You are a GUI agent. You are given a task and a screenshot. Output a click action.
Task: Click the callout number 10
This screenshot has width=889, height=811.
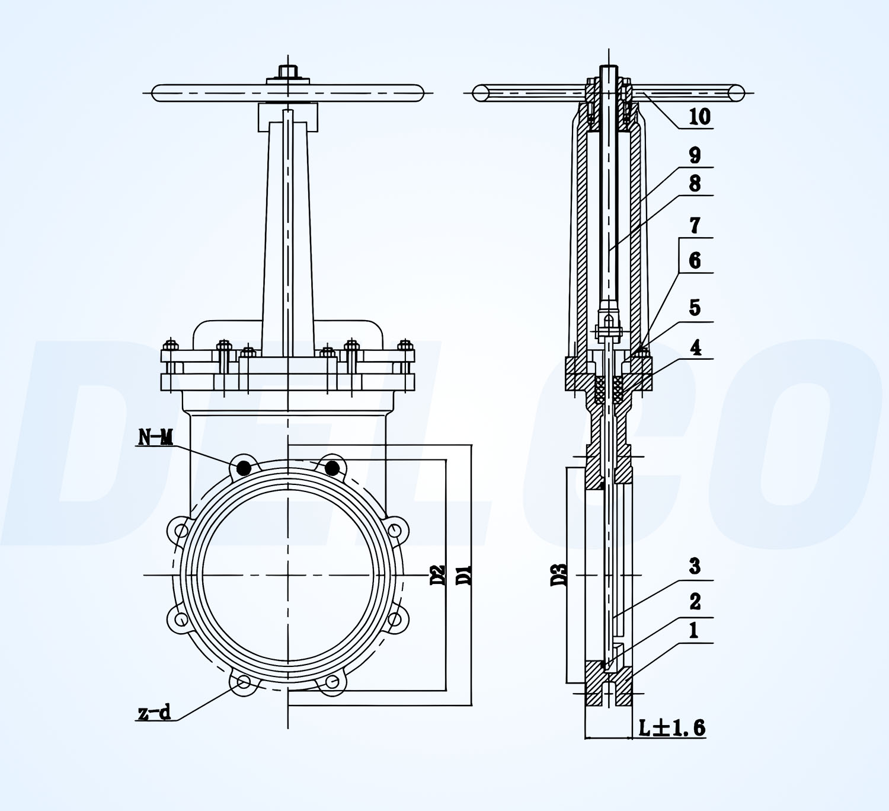click(699, 117)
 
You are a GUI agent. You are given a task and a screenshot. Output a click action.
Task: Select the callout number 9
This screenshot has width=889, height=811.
click(695, 155)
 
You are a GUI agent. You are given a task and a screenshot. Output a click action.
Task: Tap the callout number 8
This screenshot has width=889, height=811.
click(695, 184)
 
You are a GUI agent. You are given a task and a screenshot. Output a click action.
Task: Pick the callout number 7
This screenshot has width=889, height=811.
click(695, 226)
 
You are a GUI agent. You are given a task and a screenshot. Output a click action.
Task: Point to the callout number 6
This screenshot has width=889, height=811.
click(695, 261)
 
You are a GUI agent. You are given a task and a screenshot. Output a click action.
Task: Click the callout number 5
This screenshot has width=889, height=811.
click(695, 308)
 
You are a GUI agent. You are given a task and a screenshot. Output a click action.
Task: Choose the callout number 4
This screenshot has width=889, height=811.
click(695, 347)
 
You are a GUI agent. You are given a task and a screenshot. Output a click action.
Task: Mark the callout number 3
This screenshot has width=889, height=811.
click(695, 567)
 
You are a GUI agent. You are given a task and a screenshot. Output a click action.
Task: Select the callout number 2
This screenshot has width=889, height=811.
click(695, 602)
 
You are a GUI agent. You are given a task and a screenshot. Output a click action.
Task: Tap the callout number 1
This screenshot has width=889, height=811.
click(693, 631)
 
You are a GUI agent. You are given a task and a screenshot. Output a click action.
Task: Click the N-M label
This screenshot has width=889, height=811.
click(155, 438)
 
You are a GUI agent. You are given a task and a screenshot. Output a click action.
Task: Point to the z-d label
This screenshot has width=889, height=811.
click(154, 712)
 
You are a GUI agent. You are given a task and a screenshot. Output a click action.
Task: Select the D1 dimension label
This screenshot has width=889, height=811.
click(464, 575)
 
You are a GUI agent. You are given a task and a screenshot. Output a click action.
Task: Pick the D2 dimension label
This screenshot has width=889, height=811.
click(437, 575)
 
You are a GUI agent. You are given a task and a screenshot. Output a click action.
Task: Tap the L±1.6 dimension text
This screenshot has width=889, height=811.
click(671, 727)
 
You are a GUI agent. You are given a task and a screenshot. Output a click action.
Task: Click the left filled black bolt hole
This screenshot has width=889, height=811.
click(243, 468)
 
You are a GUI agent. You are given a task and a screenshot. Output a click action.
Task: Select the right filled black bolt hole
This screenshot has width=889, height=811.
click(332, 468)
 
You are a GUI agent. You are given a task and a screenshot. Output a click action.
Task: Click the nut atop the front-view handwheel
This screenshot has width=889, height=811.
click(288, 72)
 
